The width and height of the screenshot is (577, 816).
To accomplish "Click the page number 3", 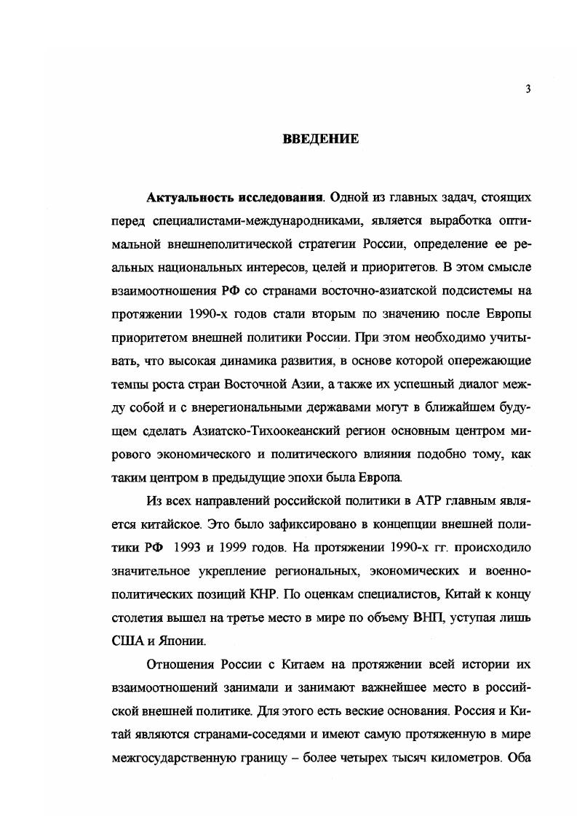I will coord(528,89).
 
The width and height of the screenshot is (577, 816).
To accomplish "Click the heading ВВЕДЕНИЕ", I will coord(320,139).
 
